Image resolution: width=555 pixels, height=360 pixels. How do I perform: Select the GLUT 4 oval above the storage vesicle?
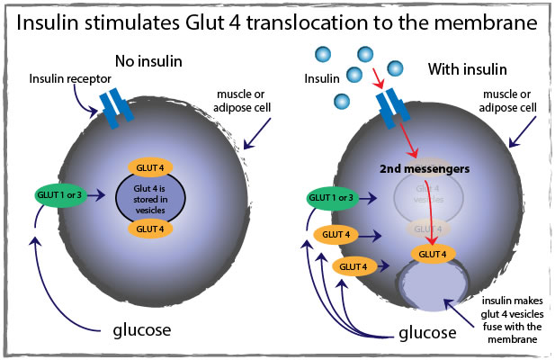pyautogui.click(x=155, y=166)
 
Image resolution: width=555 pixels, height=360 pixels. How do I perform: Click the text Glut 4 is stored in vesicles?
pyautogui.click(x=155, y=197)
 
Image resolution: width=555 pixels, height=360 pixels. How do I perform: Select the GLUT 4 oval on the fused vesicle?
pyautogui.click(x=434, y=255)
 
